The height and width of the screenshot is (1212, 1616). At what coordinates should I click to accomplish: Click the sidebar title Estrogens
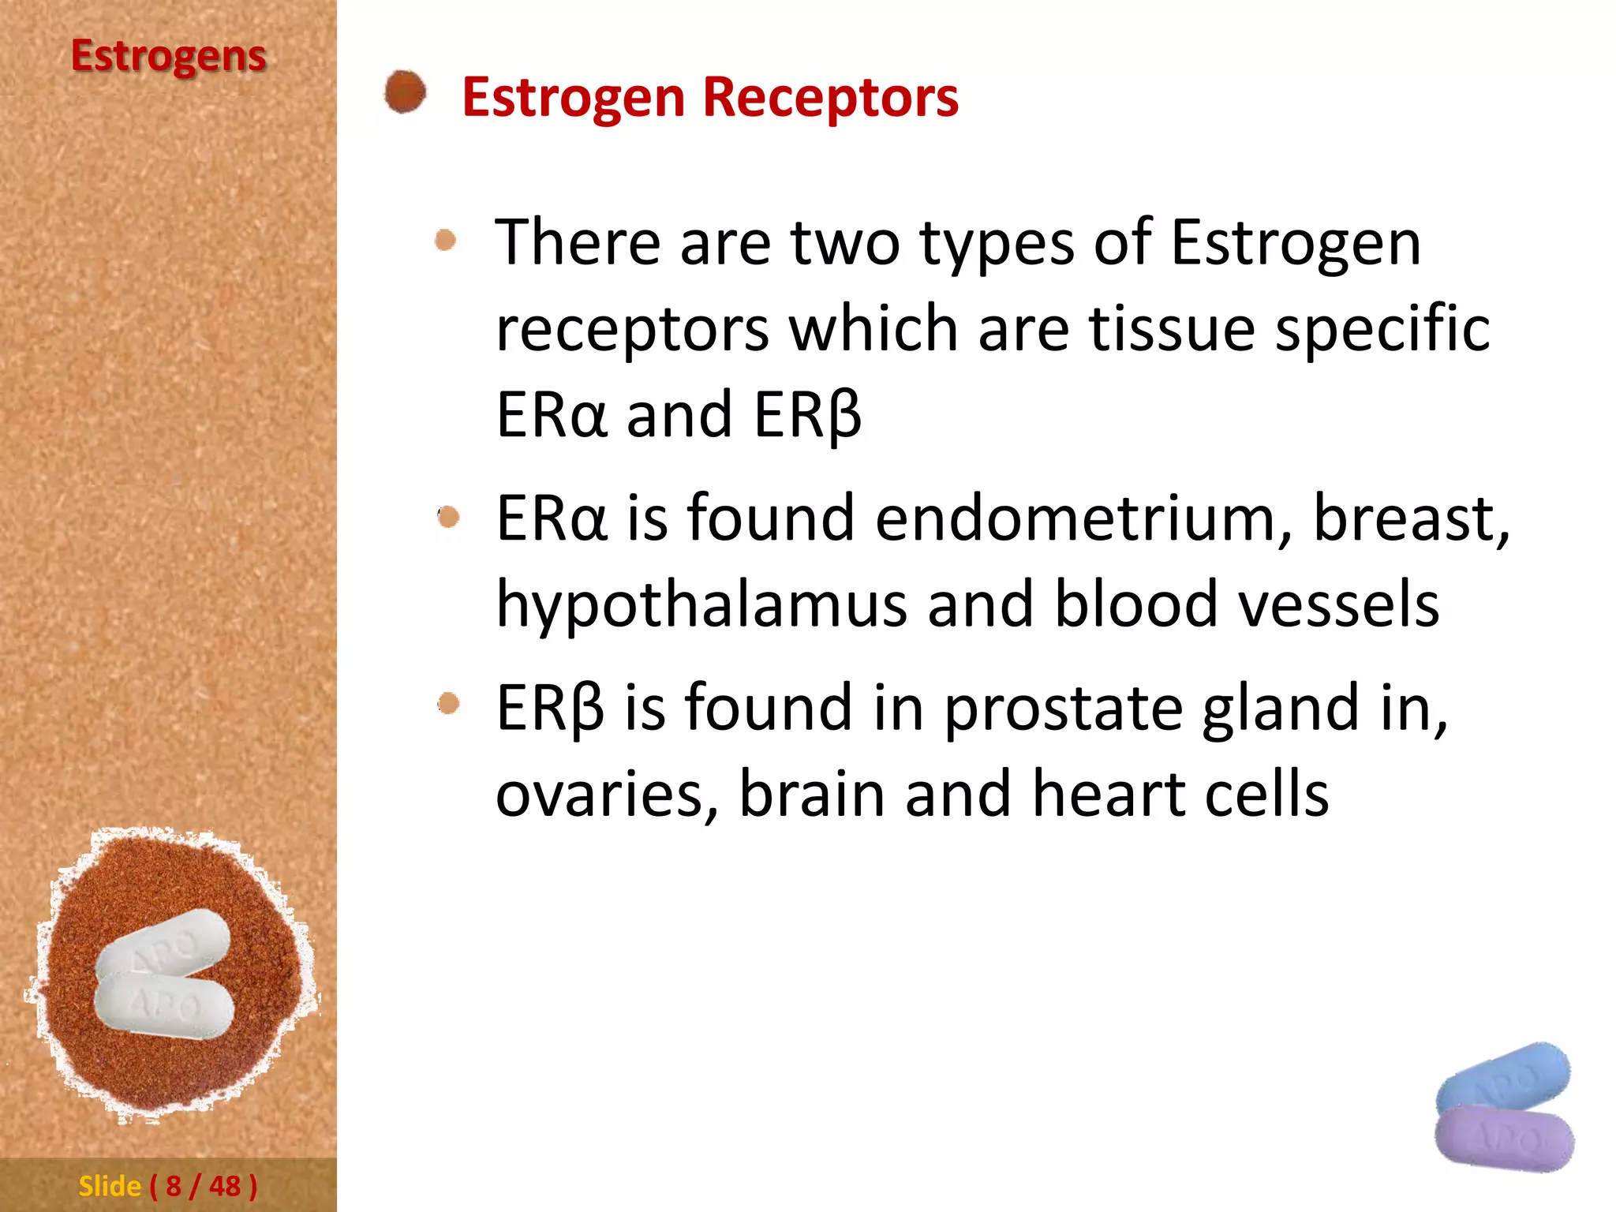[x=168, y=57]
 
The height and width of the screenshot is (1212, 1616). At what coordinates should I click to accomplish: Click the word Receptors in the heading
[x=830, y=98]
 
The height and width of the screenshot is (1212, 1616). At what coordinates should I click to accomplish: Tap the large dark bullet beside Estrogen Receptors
[x=406, y=92]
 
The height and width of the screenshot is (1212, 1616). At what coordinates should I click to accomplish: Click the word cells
[x=1266, y=794]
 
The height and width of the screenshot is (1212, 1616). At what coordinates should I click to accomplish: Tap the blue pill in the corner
[x=1503, y=1076]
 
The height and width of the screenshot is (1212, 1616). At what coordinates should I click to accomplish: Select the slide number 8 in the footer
[x=174, y=1186]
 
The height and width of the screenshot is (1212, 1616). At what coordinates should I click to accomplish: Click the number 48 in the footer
[x=225, y=1186]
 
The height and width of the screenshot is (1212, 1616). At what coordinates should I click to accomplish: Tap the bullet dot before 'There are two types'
[x=446, y=240]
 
